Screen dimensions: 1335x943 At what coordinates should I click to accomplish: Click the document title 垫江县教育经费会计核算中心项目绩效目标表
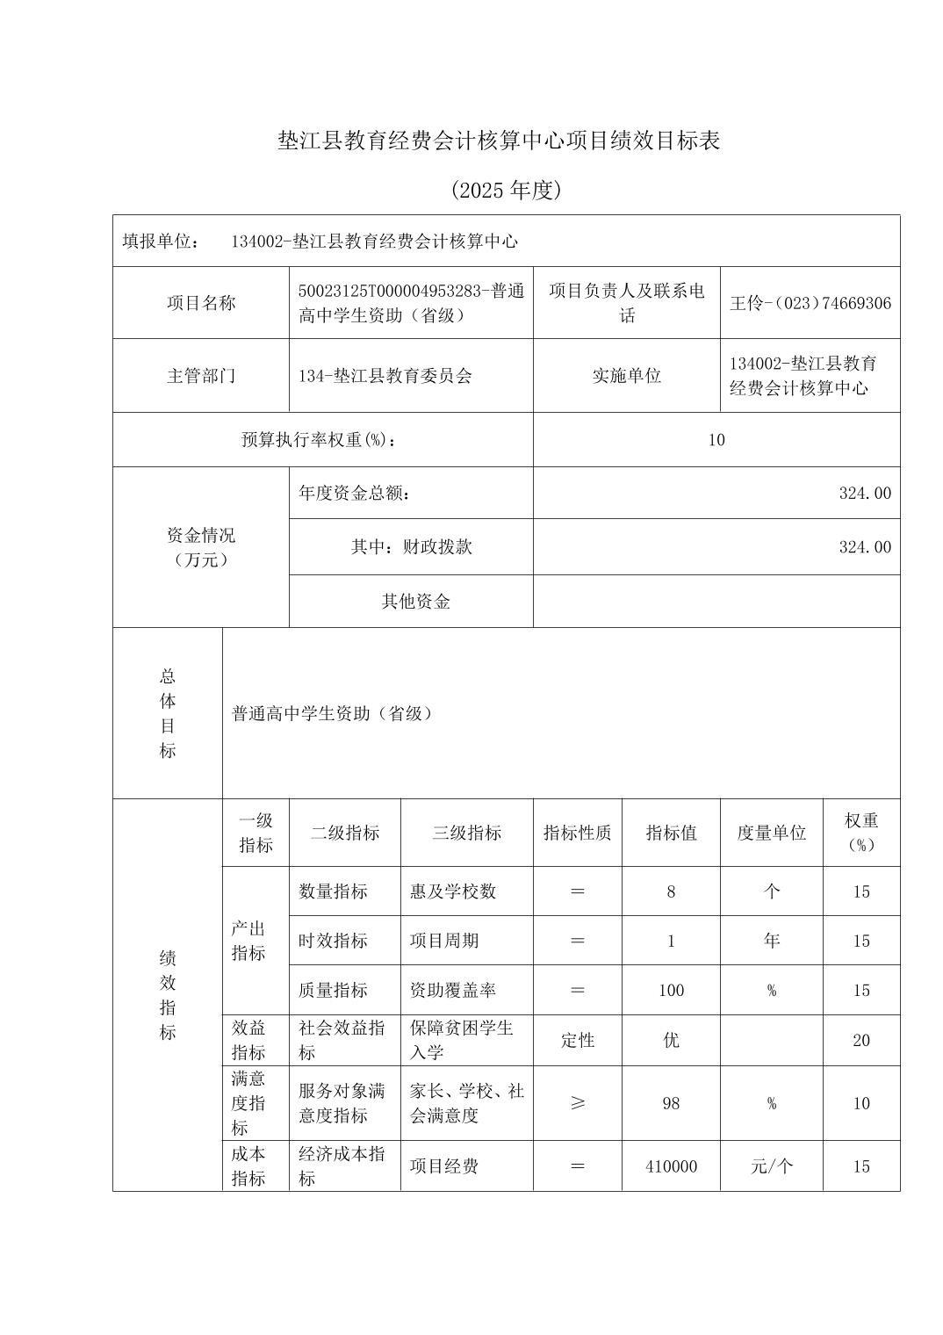[x=498, y=141]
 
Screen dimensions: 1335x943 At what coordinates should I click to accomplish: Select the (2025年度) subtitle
[x=505, y=191]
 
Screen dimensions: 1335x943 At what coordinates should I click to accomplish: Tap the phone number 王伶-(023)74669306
[x=810, y=303]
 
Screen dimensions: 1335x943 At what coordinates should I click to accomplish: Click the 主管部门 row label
[x=201, y=376]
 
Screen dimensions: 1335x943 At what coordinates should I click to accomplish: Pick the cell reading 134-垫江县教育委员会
[x=385, y=376]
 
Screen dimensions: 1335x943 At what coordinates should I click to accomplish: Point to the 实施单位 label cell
[x=626, y=376]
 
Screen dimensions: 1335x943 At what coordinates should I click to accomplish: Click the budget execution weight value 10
[x=716, y=440]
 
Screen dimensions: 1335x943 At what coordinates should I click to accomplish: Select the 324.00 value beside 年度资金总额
[x=864, y=494]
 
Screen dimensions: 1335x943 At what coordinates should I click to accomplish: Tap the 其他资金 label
[x=415, y=602]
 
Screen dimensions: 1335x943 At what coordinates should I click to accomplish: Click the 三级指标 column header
[x=466, y=833]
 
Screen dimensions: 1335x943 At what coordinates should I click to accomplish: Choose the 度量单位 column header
[x=771, y=833]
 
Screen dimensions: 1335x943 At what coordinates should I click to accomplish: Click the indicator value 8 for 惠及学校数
[x=671, y=891]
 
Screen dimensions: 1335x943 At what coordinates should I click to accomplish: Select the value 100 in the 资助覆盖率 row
[x=671, y=991]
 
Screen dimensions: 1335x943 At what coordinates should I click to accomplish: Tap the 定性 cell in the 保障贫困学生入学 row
[x=577, y=1041]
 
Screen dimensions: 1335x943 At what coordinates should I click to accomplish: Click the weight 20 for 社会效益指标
[x=860, y=1041]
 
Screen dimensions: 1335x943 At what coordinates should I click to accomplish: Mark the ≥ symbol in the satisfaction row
[x=577, y=1103]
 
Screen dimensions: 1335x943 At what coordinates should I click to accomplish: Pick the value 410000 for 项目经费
[x=671, y=1166]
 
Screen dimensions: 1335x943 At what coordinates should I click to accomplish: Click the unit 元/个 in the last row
[x=771, y=1166]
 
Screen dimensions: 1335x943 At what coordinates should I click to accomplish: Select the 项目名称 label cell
[x=201, y=303]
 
